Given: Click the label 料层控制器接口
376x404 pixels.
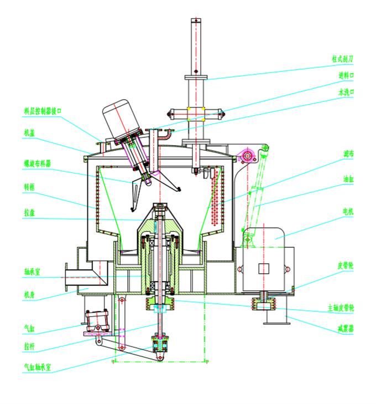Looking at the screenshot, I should [43, 111].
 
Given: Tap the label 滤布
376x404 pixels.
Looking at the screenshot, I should [348, 152].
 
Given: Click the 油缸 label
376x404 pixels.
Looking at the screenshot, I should [348, 179].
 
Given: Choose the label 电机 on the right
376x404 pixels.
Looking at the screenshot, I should [348, 212].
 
